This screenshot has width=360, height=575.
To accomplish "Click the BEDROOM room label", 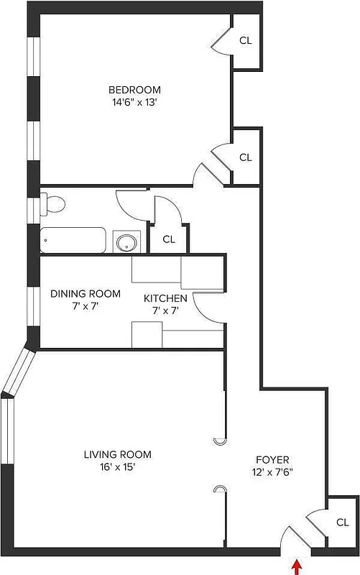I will [134, 90].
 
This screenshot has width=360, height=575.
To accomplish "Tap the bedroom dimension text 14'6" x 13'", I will [134, 102].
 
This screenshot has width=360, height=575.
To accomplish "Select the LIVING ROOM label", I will [117, 454].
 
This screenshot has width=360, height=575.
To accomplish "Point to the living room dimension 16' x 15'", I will [117, 466].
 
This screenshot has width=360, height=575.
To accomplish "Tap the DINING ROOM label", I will [85, 294].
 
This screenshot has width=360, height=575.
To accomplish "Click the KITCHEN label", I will [165, 298].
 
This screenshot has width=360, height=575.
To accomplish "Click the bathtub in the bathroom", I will [73, 240].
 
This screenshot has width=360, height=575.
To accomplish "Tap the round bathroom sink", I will [126, 242].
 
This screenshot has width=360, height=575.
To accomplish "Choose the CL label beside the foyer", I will [343, 523].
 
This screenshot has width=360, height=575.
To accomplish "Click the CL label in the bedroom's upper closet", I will [245, 41].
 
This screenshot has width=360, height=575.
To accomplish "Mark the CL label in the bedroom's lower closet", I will [245, 157].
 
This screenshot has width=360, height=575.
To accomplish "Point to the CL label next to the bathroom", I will [169, 239].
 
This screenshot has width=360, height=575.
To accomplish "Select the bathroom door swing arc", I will [133, 203].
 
